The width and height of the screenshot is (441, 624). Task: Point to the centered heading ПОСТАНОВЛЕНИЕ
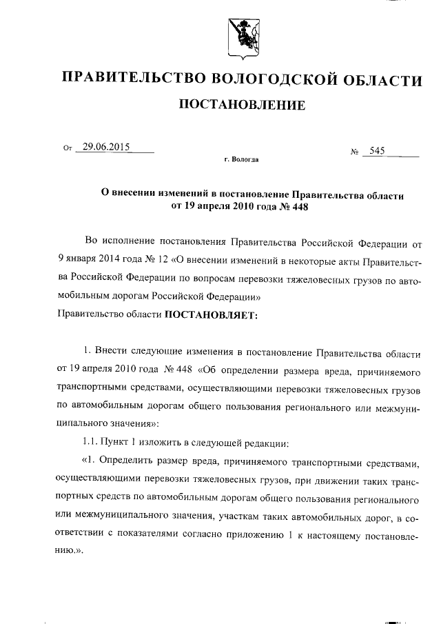pos(242,105)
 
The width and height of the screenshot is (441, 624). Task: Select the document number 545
pos(377,151)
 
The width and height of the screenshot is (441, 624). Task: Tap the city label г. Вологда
pos(241,159)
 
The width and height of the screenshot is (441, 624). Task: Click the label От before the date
pos(67,148)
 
